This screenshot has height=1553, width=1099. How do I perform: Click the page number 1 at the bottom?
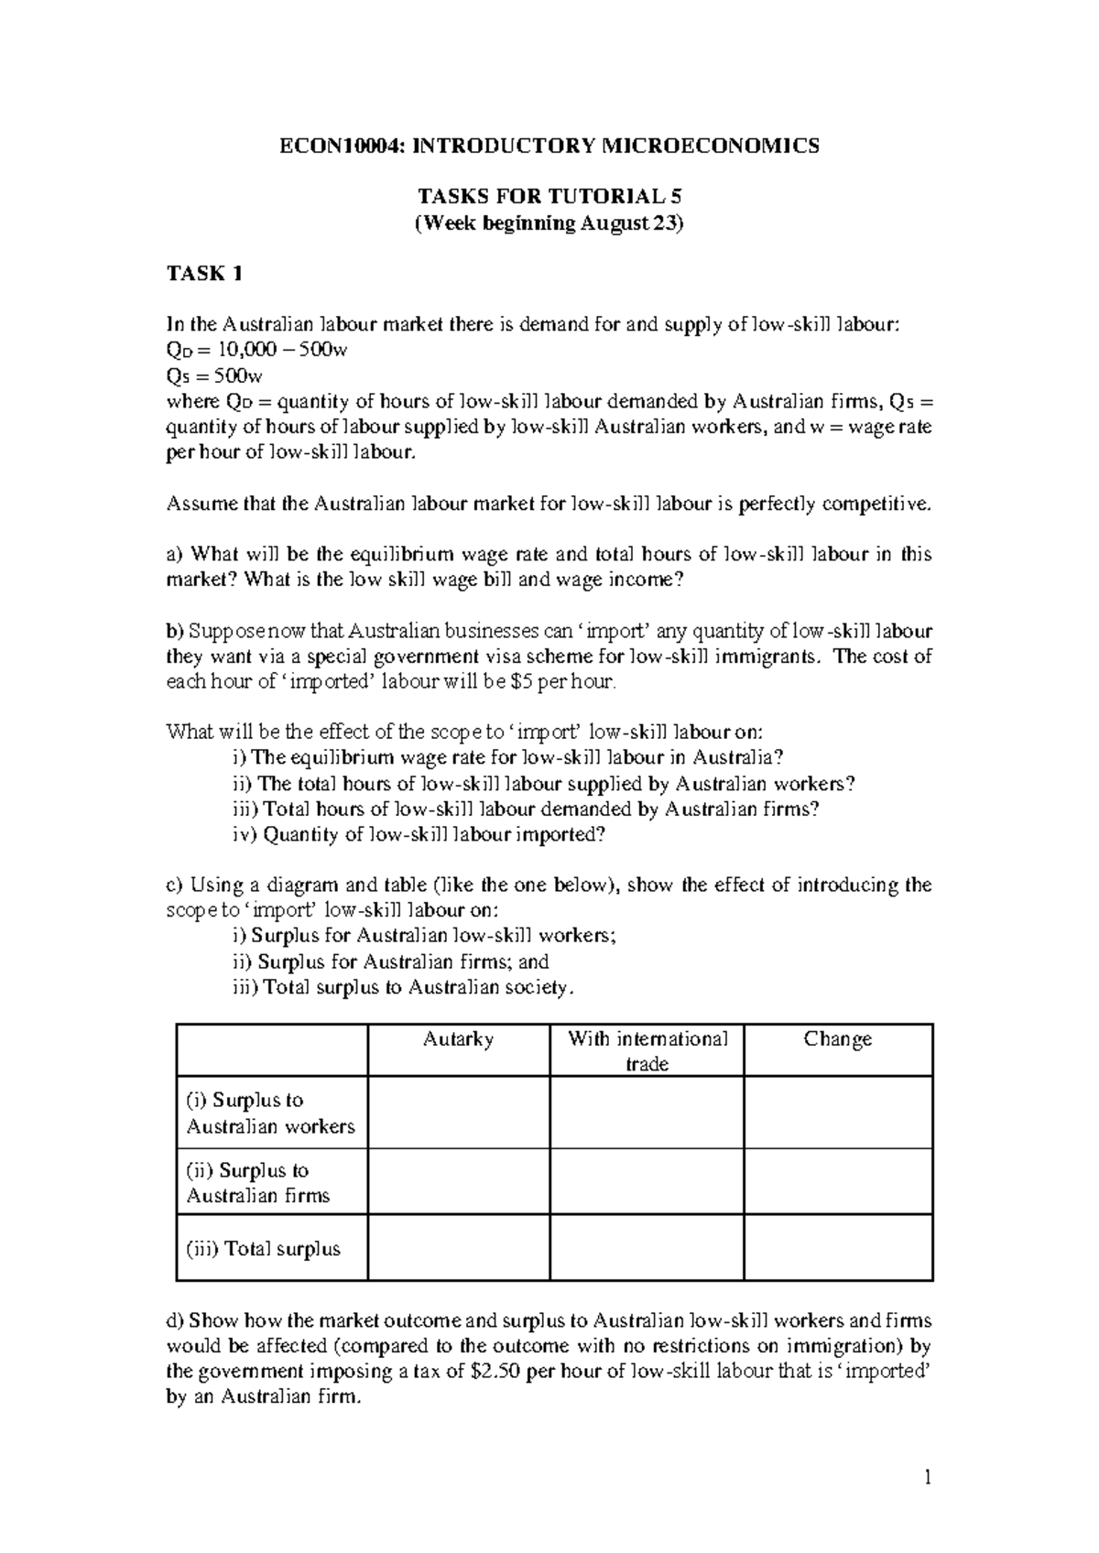tap(927, 1477)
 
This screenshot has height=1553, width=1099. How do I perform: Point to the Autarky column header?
tap(459, 1039)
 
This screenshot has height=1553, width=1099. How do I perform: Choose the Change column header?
tap(837, 1039)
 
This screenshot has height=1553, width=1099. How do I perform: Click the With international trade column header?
tap(647, 1051)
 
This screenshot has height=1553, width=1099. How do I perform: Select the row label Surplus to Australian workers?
tap(270, 1113)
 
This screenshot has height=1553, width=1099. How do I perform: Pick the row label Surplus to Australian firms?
tap(258, 1182)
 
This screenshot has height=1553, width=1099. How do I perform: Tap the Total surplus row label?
tap(264, 1249)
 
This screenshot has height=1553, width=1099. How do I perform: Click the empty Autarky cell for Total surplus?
tap(459, 1247)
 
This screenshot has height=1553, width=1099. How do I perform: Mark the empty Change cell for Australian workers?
tap(837, 1112)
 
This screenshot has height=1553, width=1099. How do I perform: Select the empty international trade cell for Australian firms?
tap(647, 1181)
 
